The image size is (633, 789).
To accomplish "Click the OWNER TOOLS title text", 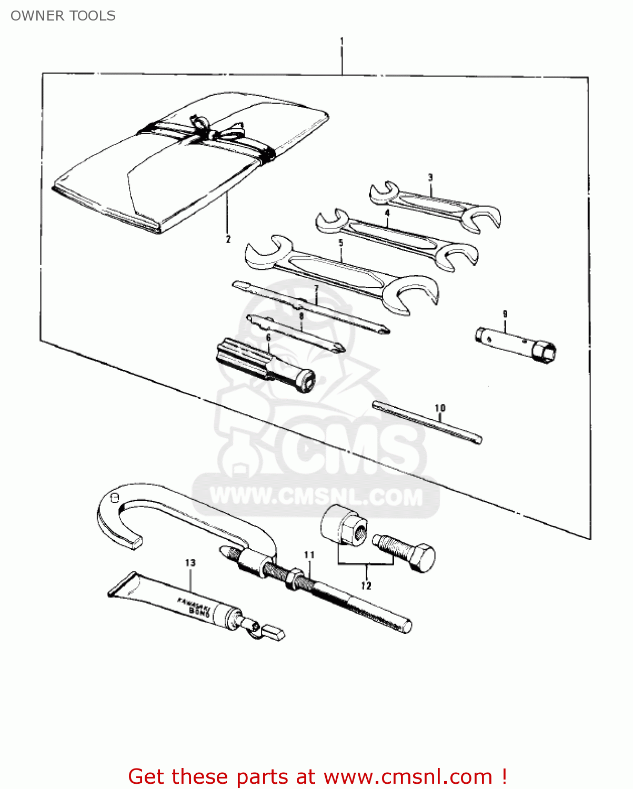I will (63, 16).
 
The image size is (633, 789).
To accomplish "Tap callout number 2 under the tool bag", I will (228, 239).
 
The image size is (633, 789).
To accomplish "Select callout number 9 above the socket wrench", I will (505, 315).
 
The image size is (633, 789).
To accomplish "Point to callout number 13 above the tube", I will (190, 563).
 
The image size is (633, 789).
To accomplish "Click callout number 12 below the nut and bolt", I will (366, 586).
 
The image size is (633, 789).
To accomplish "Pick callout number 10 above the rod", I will (440, 408).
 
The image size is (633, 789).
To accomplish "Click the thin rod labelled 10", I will (427, 422).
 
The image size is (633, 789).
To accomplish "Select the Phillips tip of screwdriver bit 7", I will (384, 330).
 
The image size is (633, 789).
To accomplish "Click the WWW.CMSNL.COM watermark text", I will (316, 496).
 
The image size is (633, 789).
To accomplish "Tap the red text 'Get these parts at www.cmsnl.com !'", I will (317, 776).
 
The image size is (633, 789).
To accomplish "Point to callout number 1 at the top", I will (342, 41).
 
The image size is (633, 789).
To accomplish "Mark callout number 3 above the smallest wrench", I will (430, 178).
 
